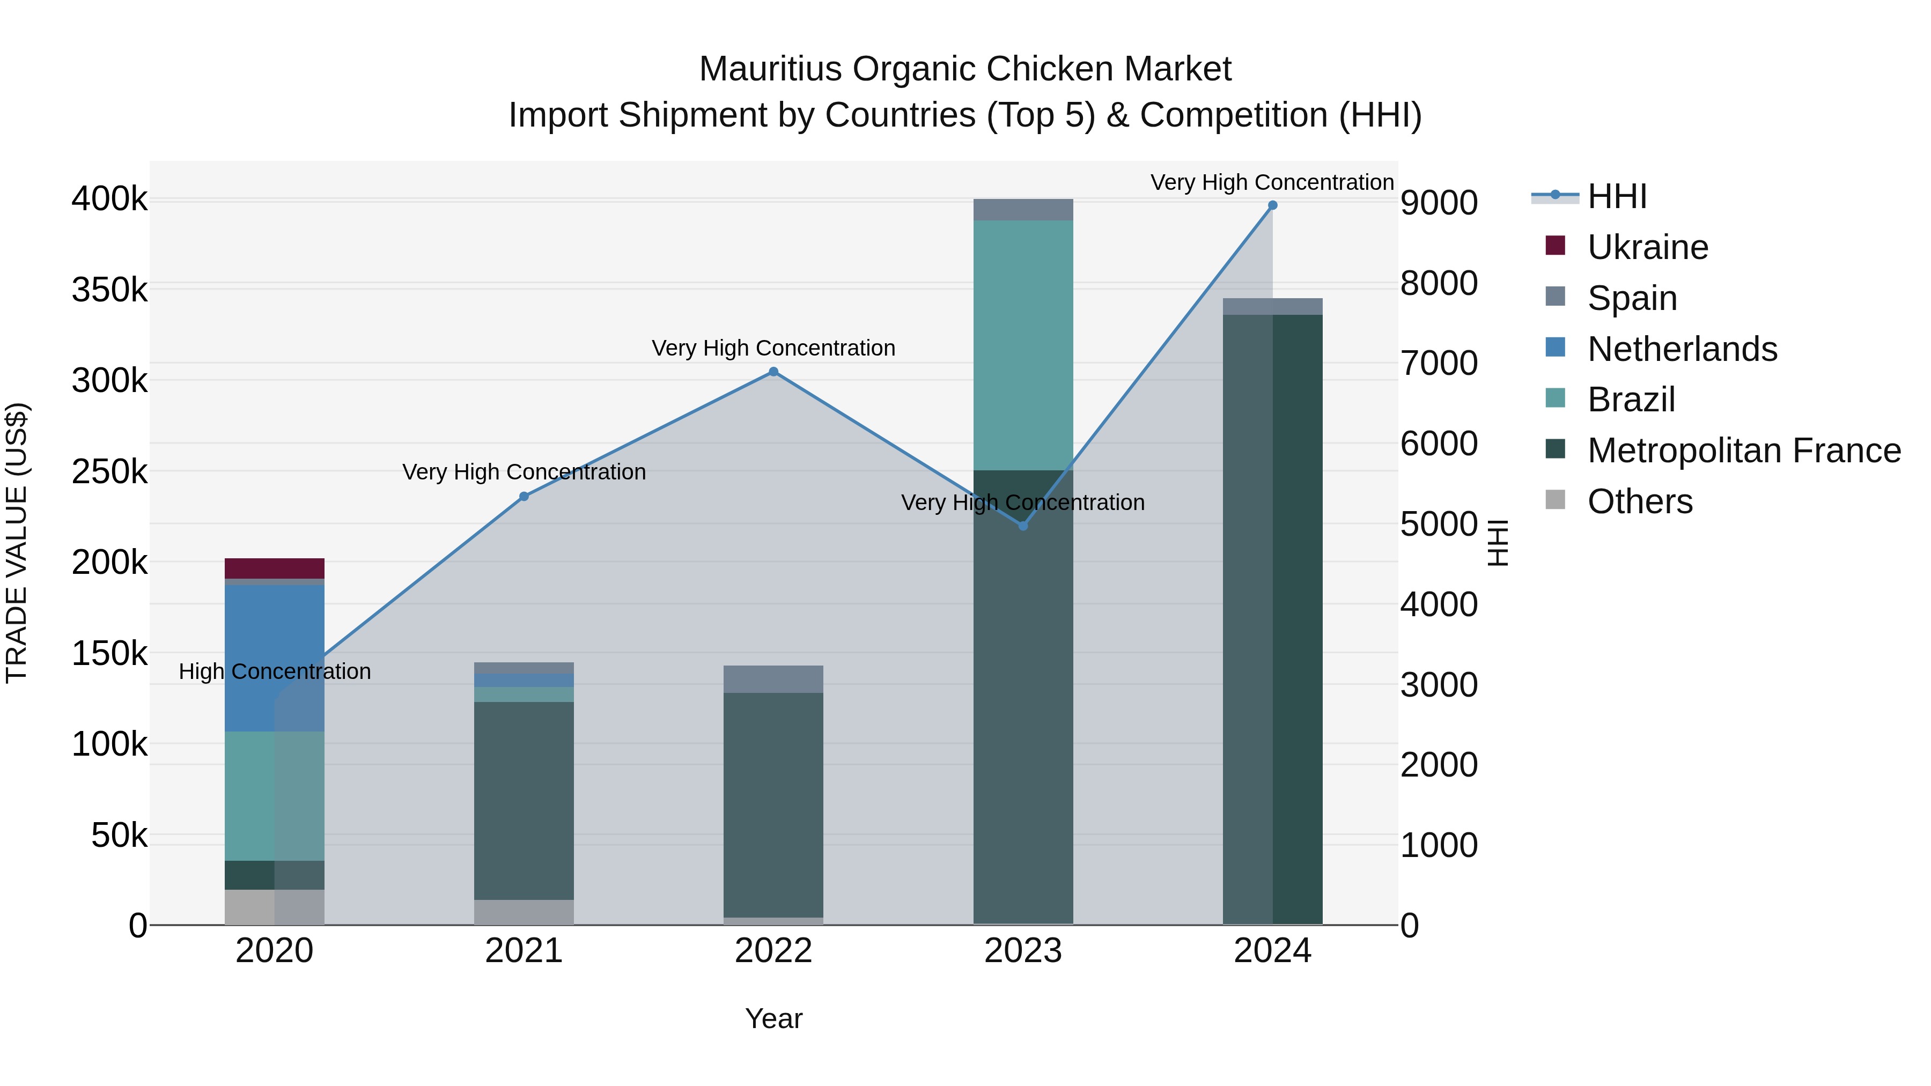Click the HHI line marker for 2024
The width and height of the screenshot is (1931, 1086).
click(x=1272, y=205)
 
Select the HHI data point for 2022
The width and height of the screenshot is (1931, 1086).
click(x=773, y=372)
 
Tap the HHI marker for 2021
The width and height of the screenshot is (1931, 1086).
click(x=524, y=496)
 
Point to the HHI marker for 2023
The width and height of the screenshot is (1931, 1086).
click(x=1023, y=526)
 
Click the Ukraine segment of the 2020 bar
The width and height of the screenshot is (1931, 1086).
click(x=274, y=568)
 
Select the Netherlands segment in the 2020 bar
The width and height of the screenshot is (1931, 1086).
click(x=274, y=658)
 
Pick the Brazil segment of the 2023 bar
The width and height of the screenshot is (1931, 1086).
click(x=1023, y=345)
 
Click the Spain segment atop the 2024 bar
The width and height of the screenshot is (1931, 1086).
click(x=1272, y=307)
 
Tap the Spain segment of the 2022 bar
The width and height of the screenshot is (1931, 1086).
click(x=773, y=679)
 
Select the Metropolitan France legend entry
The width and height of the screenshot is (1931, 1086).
click(x=1744, y=450)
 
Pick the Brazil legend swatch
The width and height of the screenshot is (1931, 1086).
click(x=1556, y=398)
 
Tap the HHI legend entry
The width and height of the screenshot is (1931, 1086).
click(x=1617, y=196)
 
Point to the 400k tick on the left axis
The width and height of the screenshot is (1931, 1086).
click(x=109, y=200)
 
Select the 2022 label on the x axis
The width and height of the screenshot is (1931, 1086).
click(x=773, y=951)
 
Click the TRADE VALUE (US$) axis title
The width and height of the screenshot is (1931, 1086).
click(x=17, y=543)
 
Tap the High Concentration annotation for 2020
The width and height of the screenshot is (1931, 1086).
click(x=274, y=671)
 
